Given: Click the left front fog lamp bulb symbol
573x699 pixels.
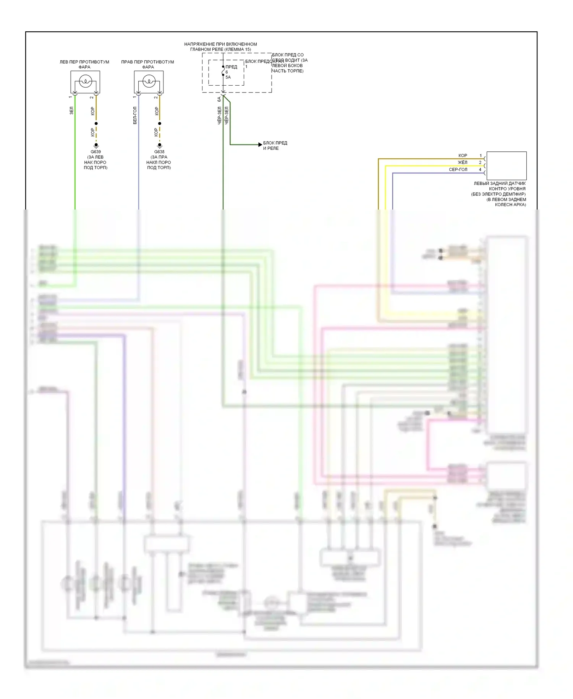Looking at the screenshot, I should pos(85,81).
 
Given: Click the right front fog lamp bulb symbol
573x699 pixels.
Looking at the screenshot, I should pos(149,81).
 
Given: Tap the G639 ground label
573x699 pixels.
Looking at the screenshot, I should pos(95,152).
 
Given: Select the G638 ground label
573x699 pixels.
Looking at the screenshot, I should pos(159,152).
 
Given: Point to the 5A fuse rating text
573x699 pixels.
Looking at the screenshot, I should pos(228,77).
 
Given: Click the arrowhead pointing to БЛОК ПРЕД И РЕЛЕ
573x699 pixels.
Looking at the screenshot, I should pos(260,145).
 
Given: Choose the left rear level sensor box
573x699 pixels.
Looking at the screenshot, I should pos(506,166).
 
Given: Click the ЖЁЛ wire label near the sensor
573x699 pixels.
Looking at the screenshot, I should pos(462,163).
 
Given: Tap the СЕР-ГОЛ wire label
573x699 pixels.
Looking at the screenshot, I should pos(458,169).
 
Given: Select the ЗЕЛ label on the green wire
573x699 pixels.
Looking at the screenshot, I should pos(71,111).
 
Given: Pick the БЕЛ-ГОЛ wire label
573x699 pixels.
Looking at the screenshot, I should pos(135,115).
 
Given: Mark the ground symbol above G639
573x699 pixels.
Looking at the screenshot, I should pos(96,146).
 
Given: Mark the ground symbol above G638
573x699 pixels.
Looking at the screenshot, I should pos(160,146).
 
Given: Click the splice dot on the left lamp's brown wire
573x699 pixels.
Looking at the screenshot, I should pos(96,124).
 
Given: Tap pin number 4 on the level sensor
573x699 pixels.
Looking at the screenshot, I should pos(480,169).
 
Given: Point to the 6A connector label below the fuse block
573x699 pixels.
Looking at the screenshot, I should pos(219,99).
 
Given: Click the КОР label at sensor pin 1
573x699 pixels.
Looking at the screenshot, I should pos(463,156).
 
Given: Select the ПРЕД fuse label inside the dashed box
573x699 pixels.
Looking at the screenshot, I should pos(231,67).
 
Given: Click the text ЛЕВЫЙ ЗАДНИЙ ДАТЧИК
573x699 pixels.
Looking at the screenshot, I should pos(499,184).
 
